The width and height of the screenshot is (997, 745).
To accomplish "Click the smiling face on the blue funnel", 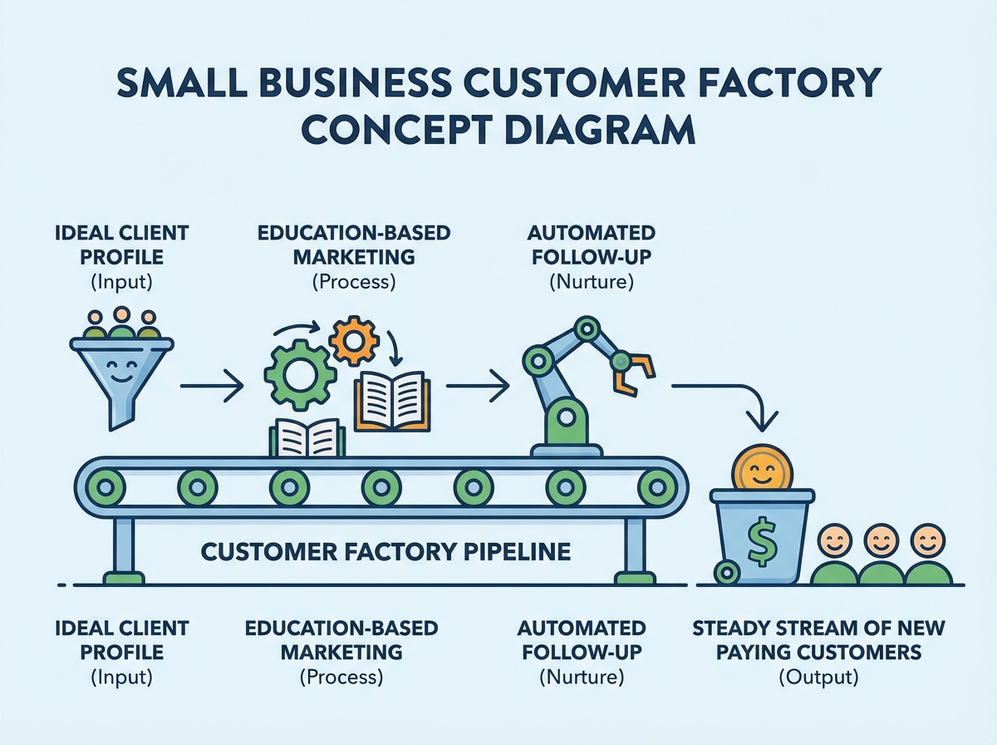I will tap(121, 371).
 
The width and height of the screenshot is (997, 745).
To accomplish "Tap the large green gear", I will tap(298, 374).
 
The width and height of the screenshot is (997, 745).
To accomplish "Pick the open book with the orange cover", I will tap(392, 402).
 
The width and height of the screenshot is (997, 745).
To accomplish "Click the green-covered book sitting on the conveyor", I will tap(307, 437).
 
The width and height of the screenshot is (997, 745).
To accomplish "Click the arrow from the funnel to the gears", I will tap(212, 386).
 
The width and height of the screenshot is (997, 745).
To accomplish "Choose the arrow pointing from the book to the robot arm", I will tap(477, 386).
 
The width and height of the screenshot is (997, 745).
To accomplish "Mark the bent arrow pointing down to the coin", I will tap(731, 397).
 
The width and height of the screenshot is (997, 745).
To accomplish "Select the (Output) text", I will tap(818, 678).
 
